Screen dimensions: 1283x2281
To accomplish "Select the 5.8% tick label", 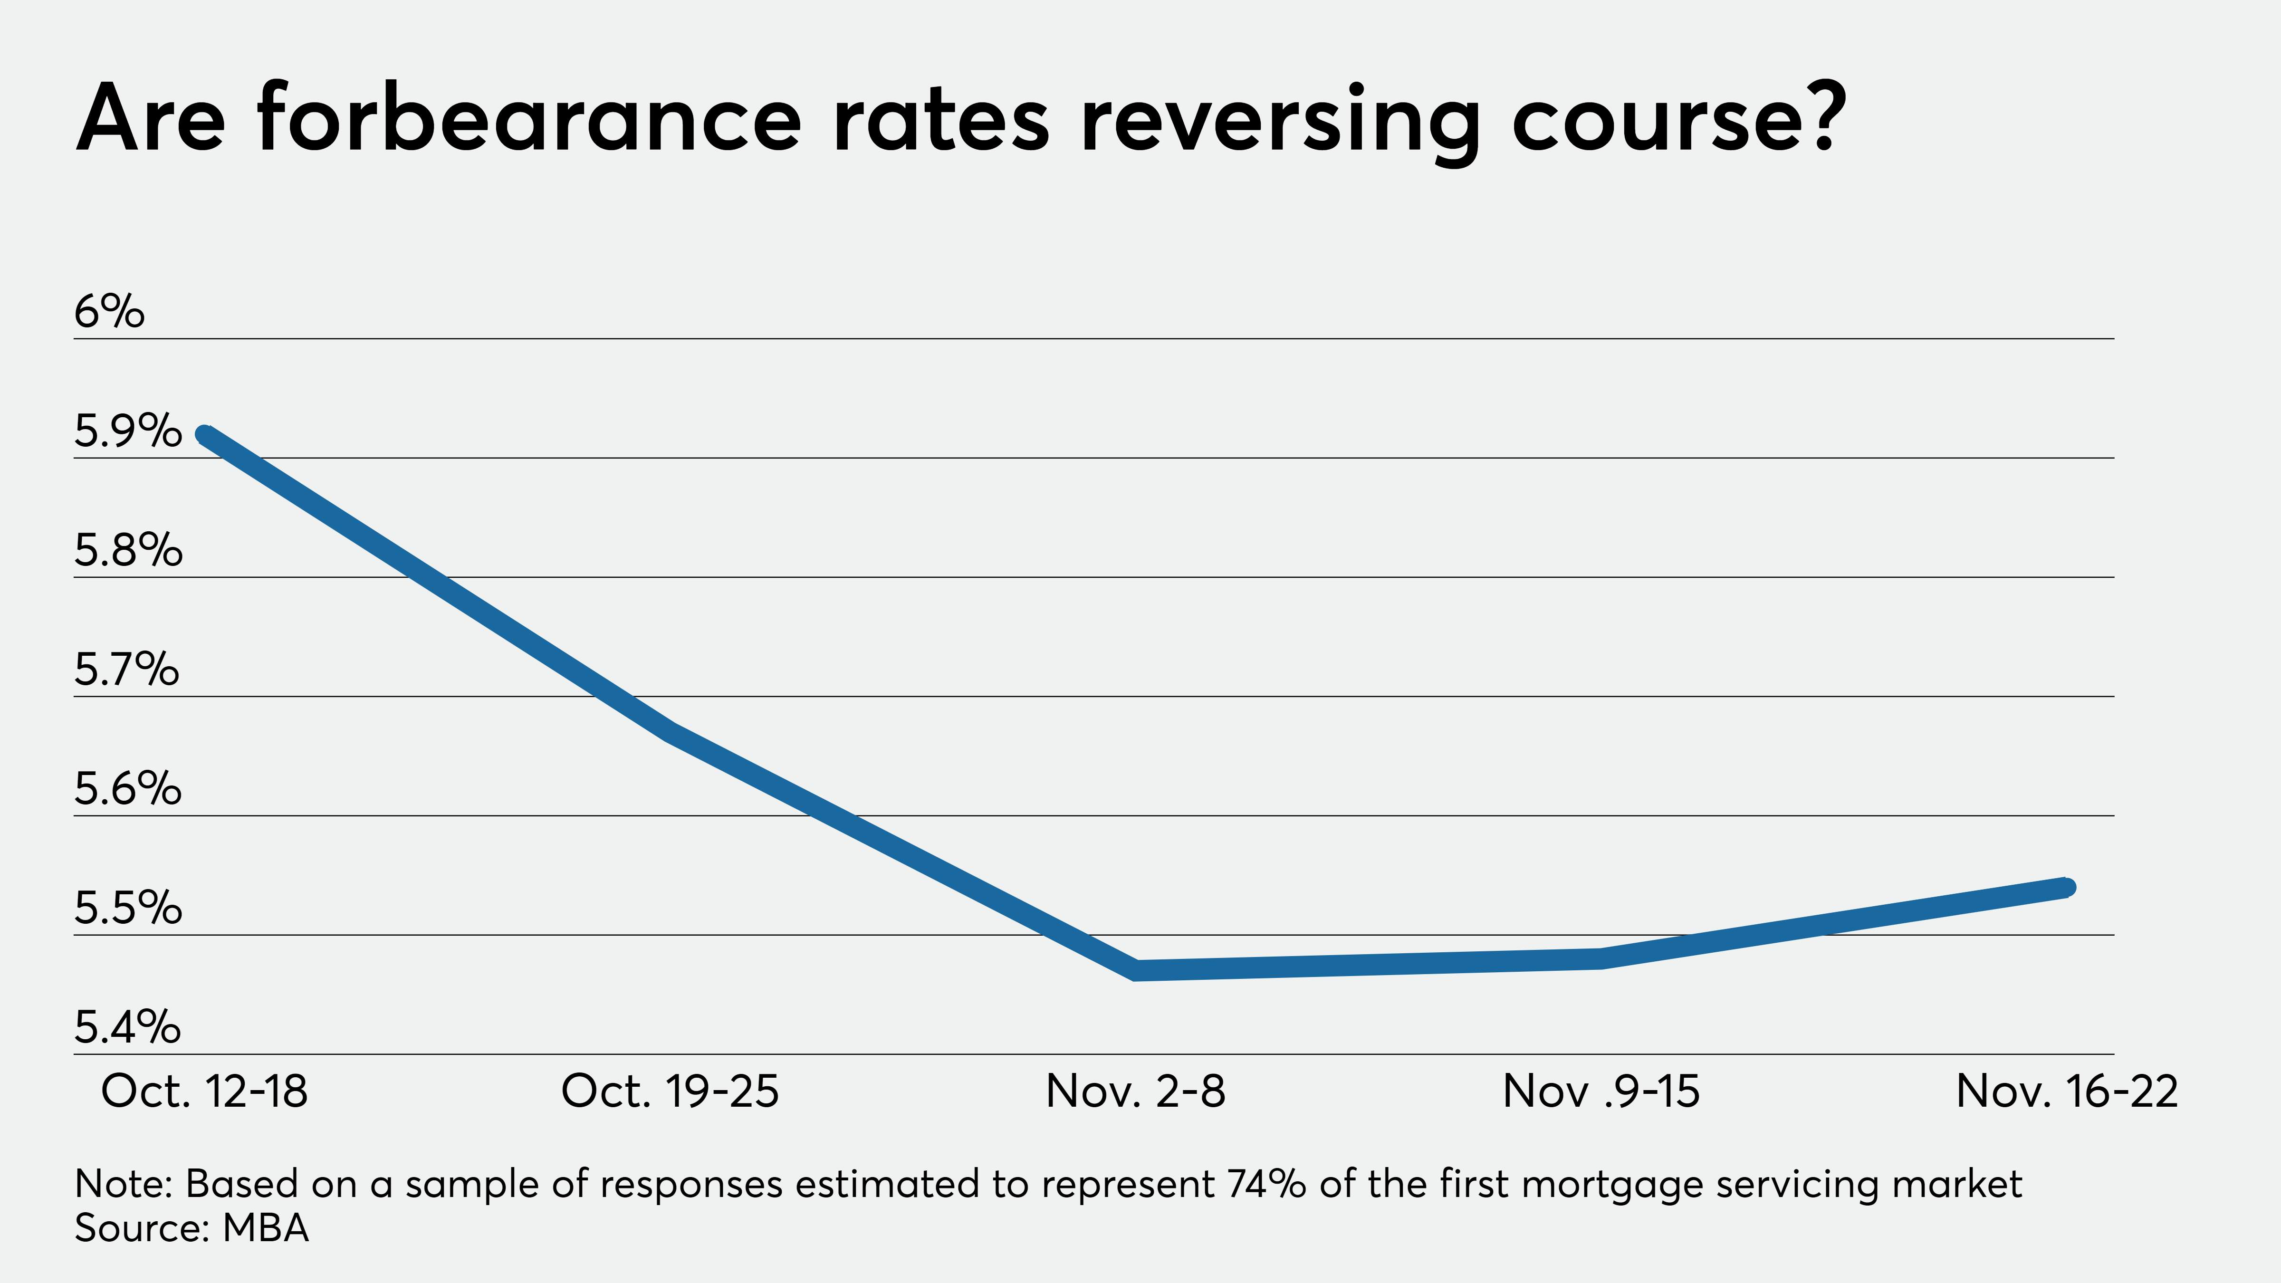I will coord(127,551).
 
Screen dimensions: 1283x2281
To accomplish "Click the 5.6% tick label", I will coord(127,789).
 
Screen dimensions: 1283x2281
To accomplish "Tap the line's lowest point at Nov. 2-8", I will coord(1136,969).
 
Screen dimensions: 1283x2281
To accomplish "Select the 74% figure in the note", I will coord(1267,1184).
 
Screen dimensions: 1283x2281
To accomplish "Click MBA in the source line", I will coord(266,1228).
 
